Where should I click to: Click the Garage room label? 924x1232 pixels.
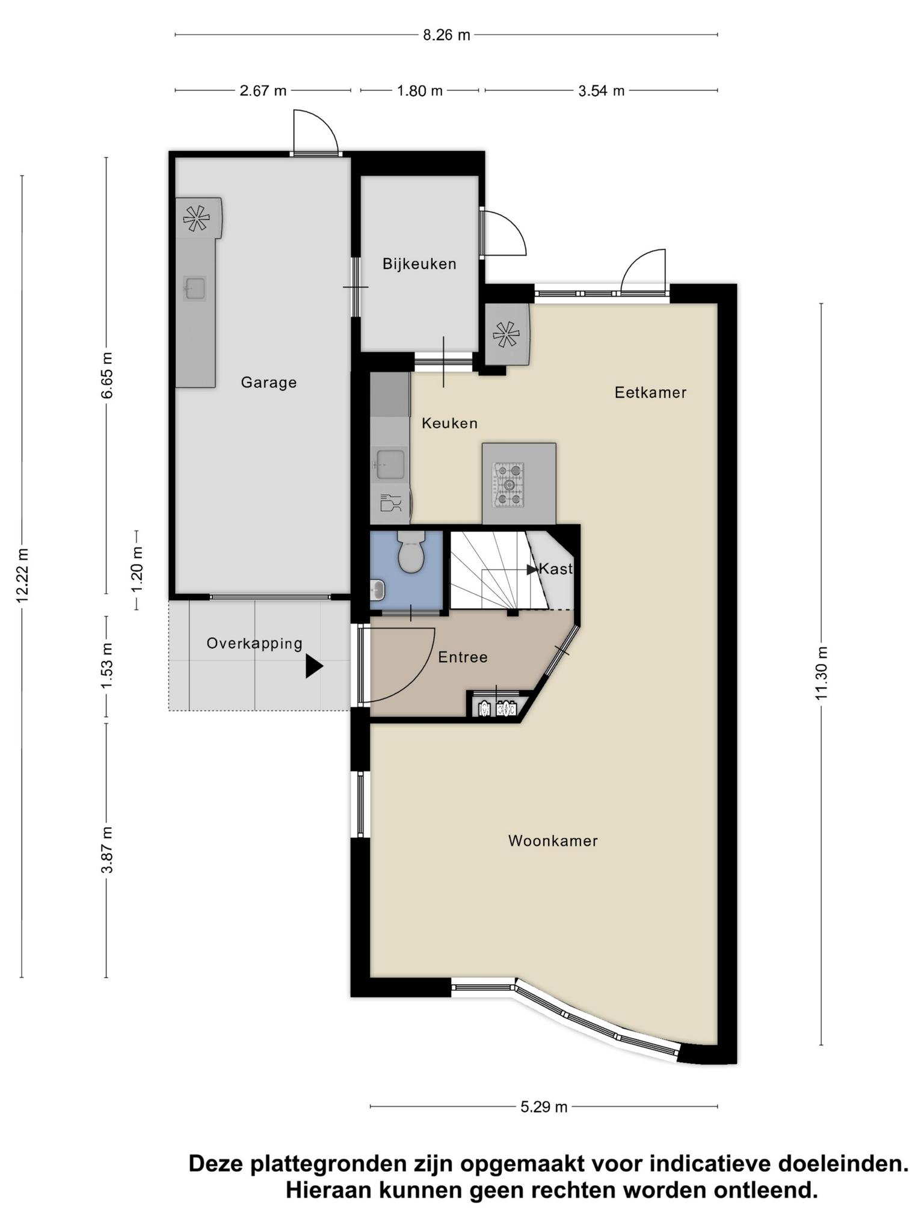coord(269,383)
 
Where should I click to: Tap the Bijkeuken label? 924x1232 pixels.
coord(419,264)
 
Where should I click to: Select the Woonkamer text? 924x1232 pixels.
coord(553,841)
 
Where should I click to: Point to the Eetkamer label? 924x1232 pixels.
coord(650,393)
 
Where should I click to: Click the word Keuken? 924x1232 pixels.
coord(449,423)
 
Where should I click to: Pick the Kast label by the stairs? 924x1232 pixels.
coord(556,568)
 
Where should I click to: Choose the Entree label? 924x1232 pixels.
coord(463,658)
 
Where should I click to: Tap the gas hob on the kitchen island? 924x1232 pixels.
coord(509,484)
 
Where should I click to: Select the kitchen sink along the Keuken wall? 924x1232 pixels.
coord(390,465)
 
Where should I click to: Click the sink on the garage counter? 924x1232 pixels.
coord(195,289)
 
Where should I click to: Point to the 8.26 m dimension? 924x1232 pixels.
coord(446,35)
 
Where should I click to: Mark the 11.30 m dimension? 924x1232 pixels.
coord(822,673)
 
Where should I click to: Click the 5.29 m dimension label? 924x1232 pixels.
coord(544,1107)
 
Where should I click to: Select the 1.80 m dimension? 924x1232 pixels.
coord(419,91)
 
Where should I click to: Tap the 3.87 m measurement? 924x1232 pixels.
coord(106,850)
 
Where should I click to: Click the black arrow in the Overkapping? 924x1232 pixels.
coord(314,667)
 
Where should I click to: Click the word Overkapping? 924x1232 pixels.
coord(254,644)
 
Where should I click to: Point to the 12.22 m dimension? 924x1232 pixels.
coord(22,576)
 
